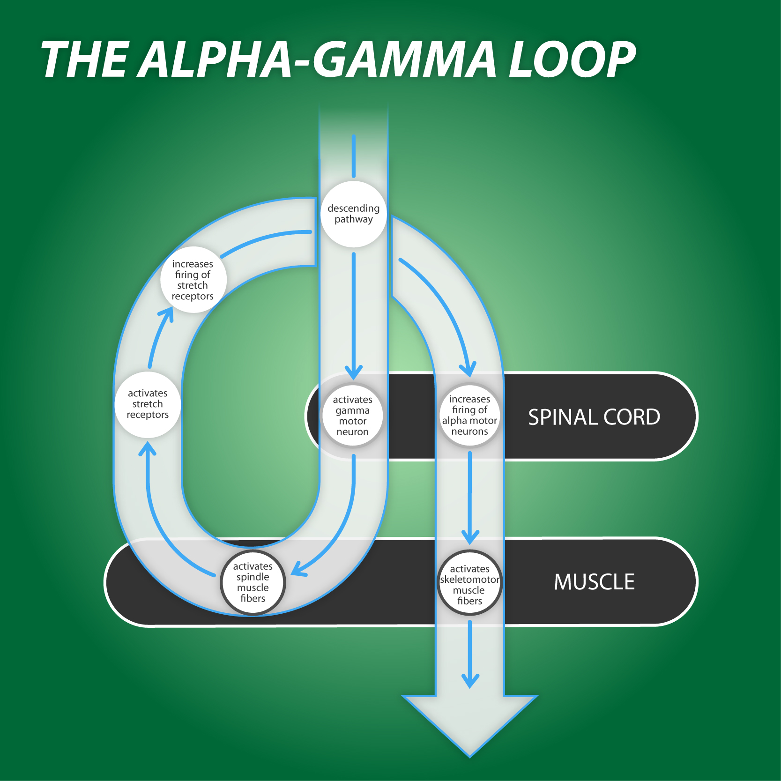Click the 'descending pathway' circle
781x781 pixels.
354,214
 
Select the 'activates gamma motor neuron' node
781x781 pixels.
352,416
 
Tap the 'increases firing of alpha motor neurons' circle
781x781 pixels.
469,415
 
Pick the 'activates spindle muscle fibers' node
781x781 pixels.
253,582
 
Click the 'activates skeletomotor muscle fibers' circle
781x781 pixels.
469,584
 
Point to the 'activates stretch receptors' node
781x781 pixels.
148,404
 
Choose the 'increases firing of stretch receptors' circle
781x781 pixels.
193,280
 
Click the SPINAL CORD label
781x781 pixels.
594,417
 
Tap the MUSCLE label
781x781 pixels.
594,582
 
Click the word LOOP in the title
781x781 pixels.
572,60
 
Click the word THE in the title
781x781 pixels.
84,60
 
